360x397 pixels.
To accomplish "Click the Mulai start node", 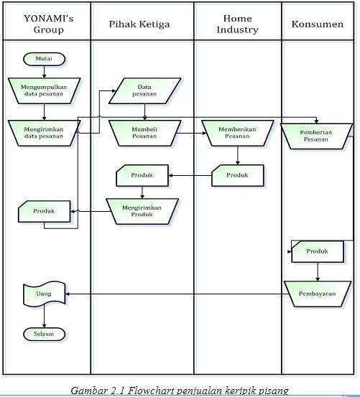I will [x=44, y=59].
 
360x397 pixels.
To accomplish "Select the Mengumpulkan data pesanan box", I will [x=44, y=90].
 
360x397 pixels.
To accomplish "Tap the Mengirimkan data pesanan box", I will [x=44, y=131].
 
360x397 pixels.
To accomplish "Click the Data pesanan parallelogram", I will [x=144, y=90].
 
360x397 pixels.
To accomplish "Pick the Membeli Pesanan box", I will [x=144, y=131].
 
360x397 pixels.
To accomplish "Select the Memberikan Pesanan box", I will [x=237, y=131].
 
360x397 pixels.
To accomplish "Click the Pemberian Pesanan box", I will [x=316, y=135].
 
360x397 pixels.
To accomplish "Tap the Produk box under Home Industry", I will [x=237, y=175].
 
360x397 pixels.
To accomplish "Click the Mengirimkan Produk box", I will [x=142, y=210].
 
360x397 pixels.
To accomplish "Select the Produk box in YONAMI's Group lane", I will [x=45, y=212].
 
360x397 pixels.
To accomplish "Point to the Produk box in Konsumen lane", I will [x=317, y=251].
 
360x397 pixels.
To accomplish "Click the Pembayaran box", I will [x=317, y=293].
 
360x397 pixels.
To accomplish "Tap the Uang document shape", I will [x=44, y=293].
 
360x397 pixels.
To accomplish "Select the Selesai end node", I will [x=44, y=334].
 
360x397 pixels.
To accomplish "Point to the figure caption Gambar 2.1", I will [x=180, y=391].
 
